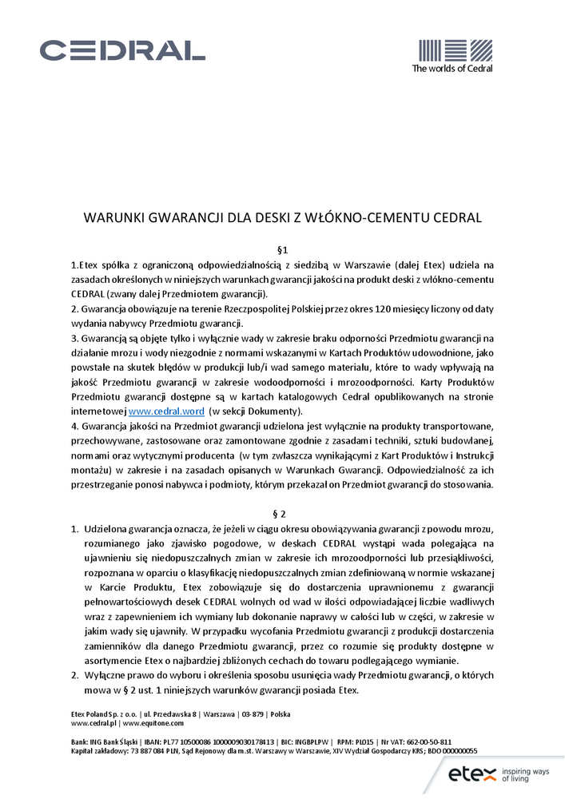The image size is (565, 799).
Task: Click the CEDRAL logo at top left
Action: [122, 50]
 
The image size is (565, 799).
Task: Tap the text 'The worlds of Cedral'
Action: [452, 69]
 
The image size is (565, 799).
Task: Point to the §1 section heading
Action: [282, 250]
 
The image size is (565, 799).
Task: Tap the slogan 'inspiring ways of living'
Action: [528, 773]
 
